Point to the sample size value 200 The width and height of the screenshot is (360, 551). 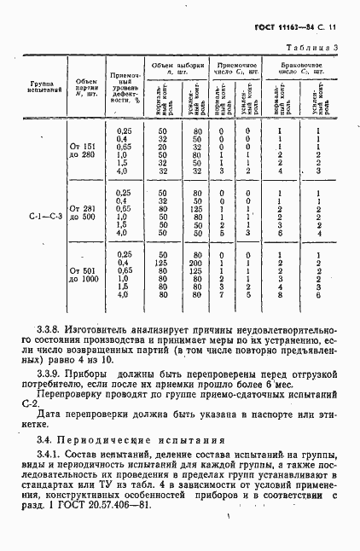[197, 264]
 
